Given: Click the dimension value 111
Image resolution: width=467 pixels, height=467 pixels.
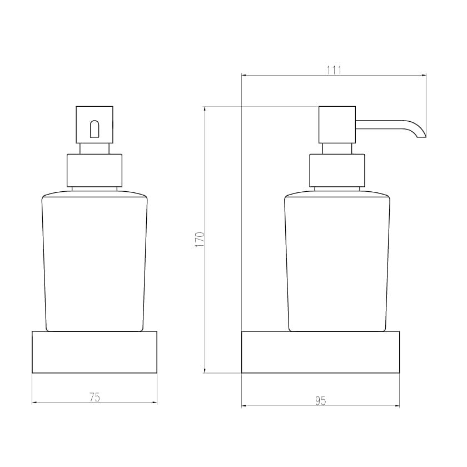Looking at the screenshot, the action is coord(334,69).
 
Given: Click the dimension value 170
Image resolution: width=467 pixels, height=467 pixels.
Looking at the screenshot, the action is coord(201,239).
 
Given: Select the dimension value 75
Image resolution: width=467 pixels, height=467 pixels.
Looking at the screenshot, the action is coord(95,397).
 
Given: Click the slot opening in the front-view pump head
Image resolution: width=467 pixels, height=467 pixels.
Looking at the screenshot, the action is coord(95,128).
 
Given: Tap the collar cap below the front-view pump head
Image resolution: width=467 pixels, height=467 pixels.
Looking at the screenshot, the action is coord(95,170).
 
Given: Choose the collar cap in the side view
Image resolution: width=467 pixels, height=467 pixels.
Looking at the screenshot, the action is coord(337,170).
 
